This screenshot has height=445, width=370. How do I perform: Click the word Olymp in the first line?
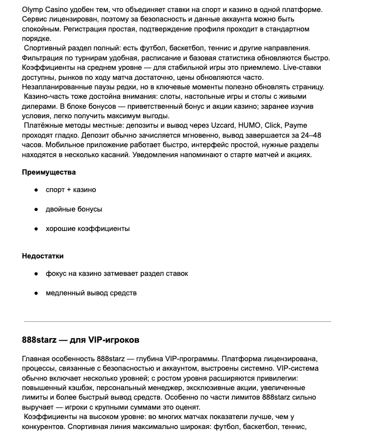click(33, 10)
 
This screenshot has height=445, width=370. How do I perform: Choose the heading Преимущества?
click(49, 172)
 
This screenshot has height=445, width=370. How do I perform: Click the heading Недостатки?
click(43, 256)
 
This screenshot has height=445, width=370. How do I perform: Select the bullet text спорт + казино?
click(71, 190)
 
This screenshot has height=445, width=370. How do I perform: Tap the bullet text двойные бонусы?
click(74, 209)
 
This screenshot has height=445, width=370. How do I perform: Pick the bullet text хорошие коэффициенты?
click(88, 228)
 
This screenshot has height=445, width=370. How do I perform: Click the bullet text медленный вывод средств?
click(91, 293)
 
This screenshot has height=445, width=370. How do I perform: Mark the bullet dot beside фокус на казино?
click(36, 273)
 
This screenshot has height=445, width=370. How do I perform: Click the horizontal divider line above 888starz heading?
click(177, 322)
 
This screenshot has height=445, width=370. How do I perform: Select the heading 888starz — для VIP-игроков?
click(81, 340)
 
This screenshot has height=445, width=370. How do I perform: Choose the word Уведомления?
click(155, 155)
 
